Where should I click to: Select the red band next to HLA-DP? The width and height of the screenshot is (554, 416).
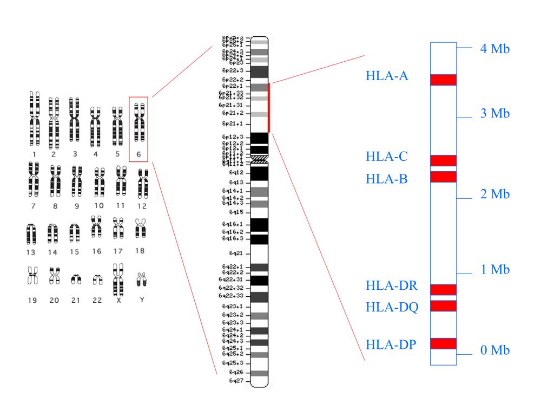pyautogui.click(x=443, y=343)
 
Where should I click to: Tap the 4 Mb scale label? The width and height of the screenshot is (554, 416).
pyautogui.click(x=495, y=49)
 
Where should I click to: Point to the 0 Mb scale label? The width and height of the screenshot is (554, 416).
pyautogui.click(x=495, y=350)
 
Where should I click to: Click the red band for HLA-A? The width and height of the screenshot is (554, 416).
pyautogui.click(x=443, y=80)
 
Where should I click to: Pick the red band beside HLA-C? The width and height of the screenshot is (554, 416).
pyautogui.click(x=443, y=160)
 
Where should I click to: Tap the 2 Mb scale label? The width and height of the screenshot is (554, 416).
pyautogui.click(x=495, y=194)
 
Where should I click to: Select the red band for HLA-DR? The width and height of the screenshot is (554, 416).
pyautogui.click(x=443, y=289)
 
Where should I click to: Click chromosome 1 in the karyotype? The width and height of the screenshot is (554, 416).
pyautogui.click(x=35, y=119)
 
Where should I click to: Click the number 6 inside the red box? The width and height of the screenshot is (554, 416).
pyautogui.click(x=139, y=154)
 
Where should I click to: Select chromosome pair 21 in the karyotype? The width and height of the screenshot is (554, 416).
pyautogui.click(x=76, y=279)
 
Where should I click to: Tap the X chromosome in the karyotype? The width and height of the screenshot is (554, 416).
pyautogui.click(x=118, y=278)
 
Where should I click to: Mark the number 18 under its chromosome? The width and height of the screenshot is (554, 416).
pyautogui.click(x=140, y=251)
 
